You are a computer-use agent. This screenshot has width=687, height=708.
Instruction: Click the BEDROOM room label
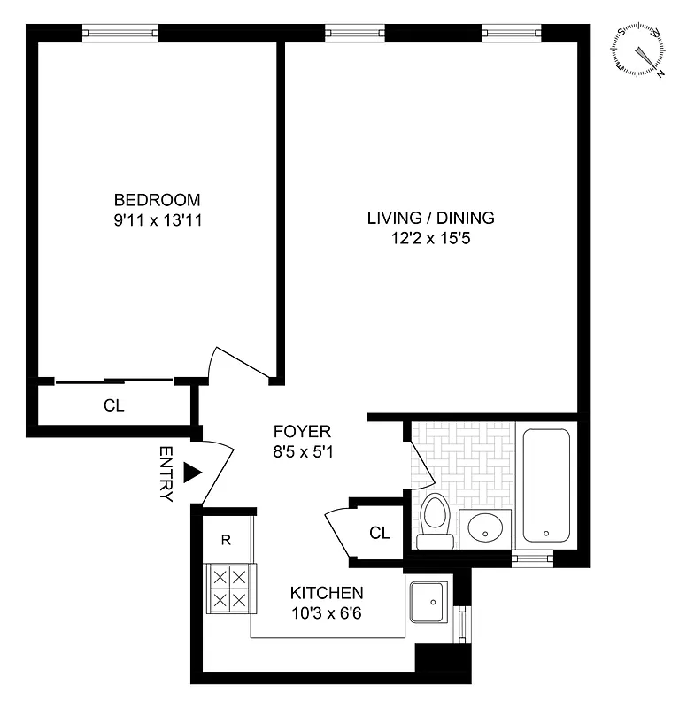(157, 199)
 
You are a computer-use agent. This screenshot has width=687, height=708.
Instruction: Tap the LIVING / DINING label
(430, 218)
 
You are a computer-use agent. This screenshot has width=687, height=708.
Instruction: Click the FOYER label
(301, 432)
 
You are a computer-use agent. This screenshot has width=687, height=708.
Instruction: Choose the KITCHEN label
(327, 592)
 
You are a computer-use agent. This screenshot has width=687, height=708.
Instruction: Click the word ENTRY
(166, 473)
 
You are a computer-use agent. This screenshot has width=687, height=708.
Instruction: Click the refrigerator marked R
(226, 539)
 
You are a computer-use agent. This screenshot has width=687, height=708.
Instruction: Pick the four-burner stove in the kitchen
(229, 589)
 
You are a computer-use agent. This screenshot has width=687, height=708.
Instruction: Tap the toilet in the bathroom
(435, 521)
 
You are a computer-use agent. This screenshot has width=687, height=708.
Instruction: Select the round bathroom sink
(486, 528)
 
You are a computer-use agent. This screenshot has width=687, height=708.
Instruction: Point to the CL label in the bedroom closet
(113, 407)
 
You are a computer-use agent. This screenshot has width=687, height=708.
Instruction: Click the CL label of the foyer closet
(379, 533)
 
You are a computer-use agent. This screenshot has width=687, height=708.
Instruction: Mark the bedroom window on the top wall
(120, 34)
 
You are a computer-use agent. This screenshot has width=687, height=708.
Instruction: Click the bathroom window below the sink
(532, 558)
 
